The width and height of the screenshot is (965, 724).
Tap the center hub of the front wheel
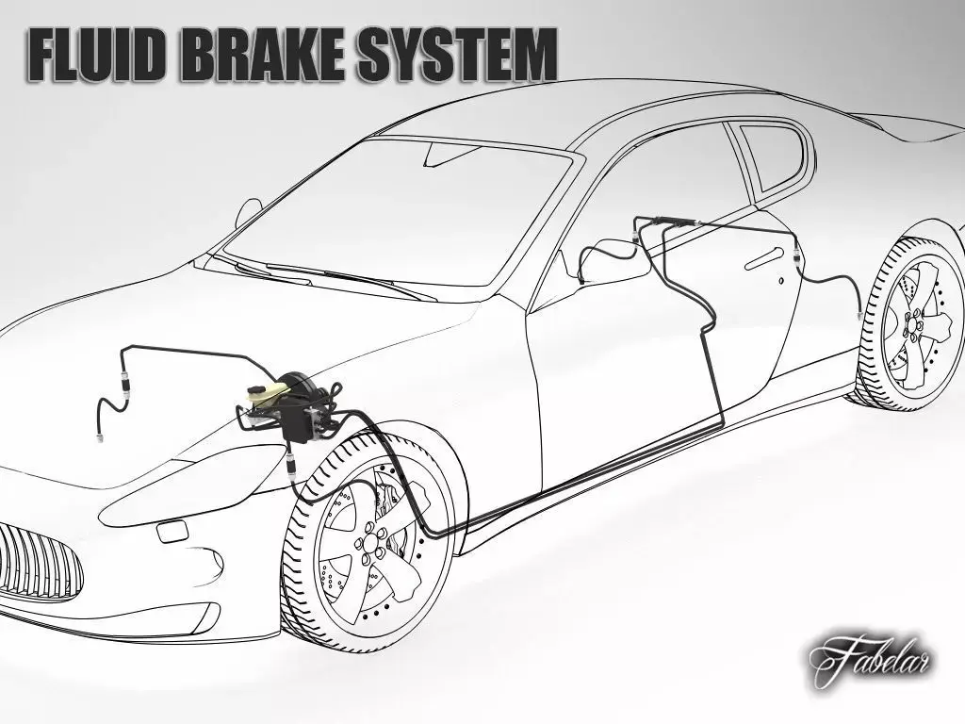(x=369, y=544)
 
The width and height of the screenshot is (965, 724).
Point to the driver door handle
(x=764, y=258)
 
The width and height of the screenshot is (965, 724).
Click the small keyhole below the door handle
(x=781, y=281)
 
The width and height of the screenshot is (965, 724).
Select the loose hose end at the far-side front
(x=97, y=438)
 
